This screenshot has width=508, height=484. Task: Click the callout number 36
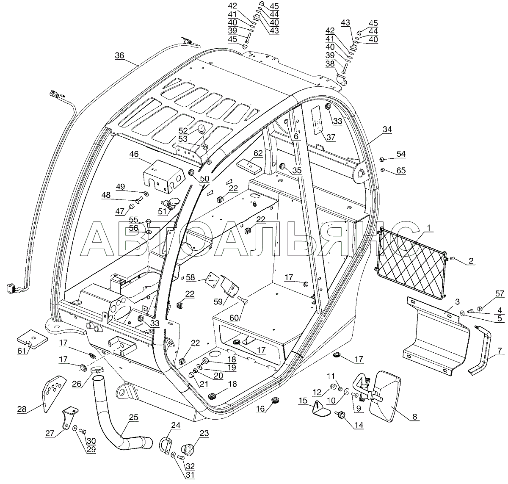click(x=119, y=55)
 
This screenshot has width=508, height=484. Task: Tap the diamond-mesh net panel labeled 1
click(x=411, y=263)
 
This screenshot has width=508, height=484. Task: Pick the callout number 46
click(x=134, y=155)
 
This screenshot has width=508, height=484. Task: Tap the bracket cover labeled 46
click(x=163, y=174)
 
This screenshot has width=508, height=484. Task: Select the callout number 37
click(x=331, y=137)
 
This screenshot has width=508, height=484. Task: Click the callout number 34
click(x=387, y=129)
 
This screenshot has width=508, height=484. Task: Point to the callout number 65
click(x=400, y=171)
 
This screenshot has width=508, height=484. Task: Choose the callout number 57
click(x=500, y=294)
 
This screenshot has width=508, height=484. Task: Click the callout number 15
click(x=303, y=401)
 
